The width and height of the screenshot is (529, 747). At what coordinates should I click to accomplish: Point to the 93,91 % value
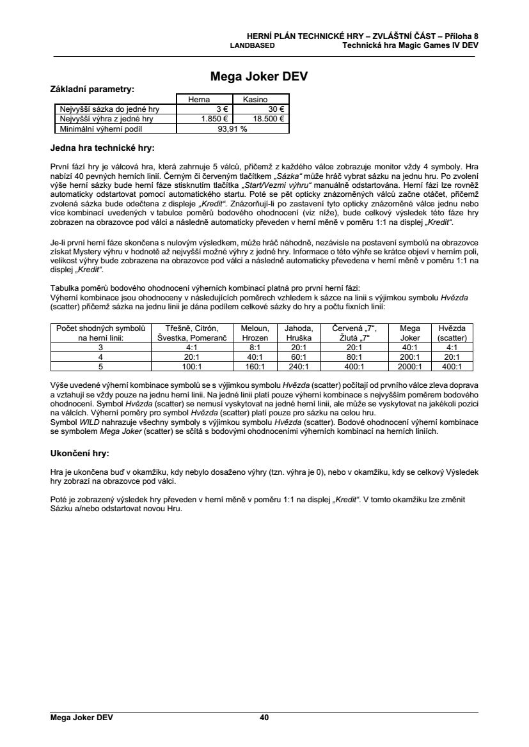pyautogui.click(x=233, y=128)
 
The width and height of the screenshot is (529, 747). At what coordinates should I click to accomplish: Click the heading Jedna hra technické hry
pyautogui.click(x=102, y=148)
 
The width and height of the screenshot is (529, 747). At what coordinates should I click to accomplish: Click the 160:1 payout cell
pyautogui.click(x=255, y=367)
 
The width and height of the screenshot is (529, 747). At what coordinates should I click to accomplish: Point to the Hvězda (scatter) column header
pyautogui.click(x=452, y=332)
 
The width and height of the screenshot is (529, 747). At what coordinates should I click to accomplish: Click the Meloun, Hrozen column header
pyautogui.click(x=255, y=332)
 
